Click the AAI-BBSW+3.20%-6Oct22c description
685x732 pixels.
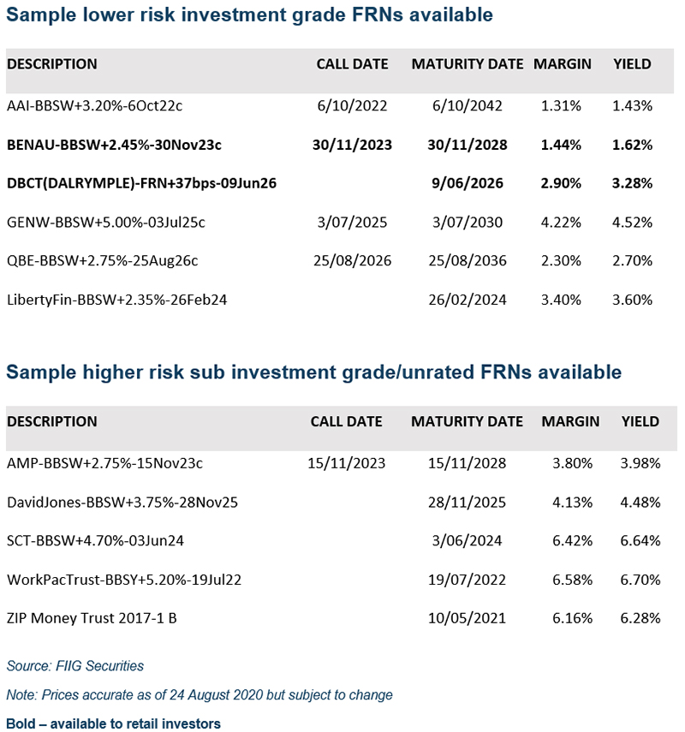tap(95, 106)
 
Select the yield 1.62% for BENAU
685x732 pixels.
tap(633, 145)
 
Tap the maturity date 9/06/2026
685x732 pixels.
tap(467, 183)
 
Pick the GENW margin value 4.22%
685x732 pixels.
tap(562, 223)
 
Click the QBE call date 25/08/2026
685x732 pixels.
tap(352, 261)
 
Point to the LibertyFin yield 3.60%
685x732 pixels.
tap(633, 300)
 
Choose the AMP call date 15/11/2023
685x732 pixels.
tap(347, 463)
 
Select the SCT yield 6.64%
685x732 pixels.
tap(640, 540)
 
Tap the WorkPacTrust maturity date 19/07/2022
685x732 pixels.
tap(467, 580)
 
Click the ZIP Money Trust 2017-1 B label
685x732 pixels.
tap(92, 618)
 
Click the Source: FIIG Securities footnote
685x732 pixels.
tap(75, 665)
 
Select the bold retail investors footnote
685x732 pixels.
tap(113, 723)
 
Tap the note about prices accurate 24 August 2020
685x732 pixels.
tap(200, 694)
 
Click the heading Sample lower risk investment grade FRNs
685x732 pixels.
tap(249, 15)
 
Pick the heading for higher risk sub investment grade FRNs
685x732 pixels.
tap(313, 372)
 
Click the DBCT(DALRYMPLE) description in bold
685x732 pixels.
tap(141, 183)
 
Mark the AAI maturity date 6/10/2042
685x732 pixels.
tap(467, 106)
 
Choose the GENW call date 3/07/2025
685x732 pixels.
tap(352, 223)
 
